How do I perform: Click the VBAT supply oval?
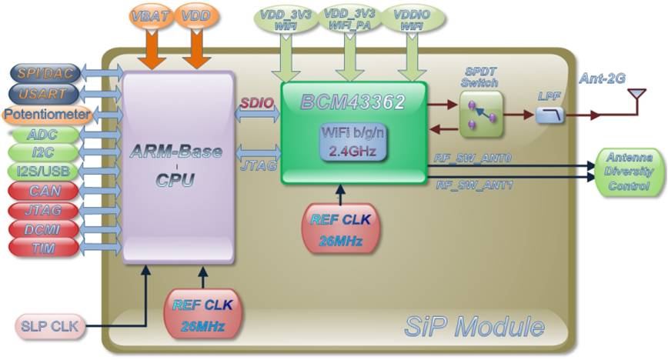[x=147, y=16]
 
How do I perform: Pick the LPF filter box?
[x=551, y=115]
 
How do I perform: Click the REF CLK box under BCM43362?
[x=341, y=228]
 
